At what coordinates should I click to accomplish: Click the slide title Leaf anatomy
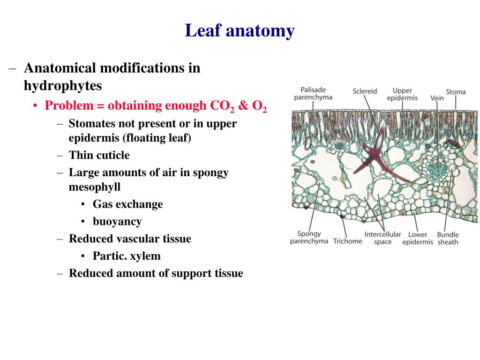pos(240,31)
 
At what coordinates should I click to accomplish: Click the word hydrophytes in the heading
pos(63,86)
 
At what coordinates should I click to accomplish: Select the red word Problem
pos(69,106)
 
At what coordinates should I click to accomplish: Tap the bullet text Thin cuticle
pos(99,155)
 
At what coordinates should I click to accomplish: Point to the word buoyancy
pos(117,221)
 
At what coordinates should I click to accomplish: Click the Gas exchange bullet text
pos(127,204)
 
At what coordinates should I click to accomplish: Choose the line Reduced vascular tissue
pos(130,239)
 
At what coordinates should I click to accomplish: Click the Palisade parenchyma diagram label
pos(313,93)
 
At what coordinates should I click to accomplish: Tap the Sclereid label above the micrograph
pos(365,91)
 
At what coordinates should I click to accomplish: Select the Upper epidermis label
pos(402,94)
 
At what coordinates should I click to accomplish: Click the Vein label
pos(437,98)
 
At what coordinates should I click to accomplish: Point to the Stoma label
pos(456,92)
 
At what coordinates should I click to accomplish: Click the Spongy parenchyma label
pos(309,238)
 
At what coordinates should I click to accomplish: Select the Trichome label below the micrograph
pos(347,241)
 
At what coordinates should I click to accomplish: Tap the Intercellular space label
pos(382,238)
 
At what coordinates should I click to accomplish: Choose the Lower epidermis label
pos(418,238)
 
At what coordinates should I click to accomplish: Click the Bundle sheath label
pos(448,238)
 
